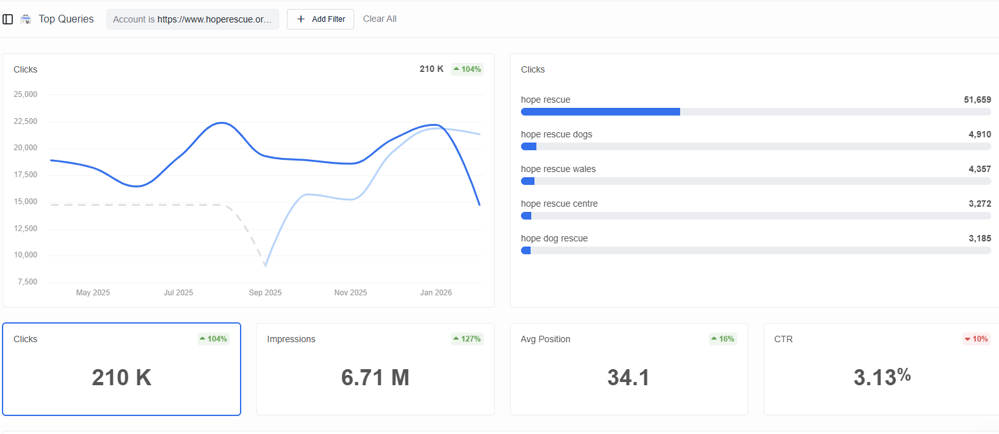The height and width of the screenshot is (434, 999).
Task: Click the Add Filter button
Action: point(320,19)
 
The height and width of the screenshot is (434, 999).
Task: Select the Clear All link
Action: point(379,19)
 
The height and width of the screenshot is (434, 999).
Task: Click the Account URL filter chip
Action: point(192,19)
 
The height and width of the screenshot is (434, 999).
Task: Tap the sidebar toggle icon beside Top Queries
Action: point(8,19)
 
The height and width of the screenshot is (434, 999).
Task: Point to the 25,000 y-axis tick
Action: point(26,94)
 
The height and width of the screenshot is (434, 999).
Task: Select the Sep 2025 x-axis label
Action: point(265,293)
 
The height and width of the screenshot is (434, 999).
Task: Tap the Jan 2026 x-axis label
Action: point(436,293)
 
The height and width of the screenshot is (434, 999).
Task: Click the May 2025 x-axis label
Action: point(93,293)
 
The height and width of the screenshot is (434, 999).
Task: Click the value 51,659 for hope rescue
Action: point(977,100)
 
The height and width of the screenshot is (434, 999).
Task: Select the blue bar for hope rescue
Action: point(600,112)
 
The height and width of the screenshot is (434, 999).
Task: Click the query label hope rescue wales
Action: point(558,169)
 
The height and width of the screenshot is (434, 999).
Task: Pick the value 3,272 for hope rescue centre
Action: point(979,204)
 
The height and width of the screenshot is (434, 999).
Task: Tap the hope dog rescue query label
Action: point(554,238)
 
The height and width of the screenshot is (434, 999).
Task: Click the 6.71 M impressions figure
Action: point(375,378)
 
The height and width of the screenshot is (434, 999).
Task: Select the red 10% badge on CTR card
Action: point(976,339)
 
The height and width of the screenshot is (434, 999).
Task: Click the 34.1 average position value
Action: point(628,378)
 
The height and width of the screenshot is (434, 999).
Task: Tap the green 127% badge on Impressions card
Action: point(467,339)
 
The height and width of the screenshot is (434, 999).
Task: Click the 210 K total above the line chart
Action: point(431,69)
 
